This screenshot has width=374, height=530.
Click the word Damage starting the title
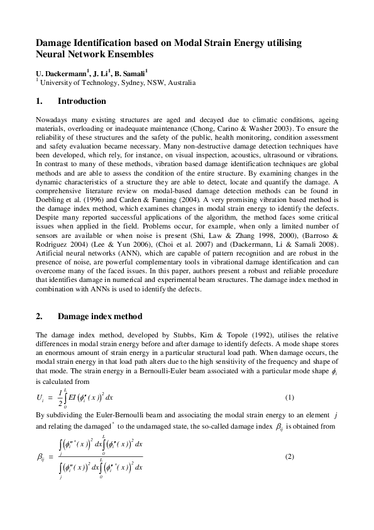tap(55, 43)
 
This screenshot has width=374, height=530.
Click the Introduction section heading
tap(82, 101)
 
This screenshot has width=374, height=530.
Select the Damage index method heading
tap(99, 316)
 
